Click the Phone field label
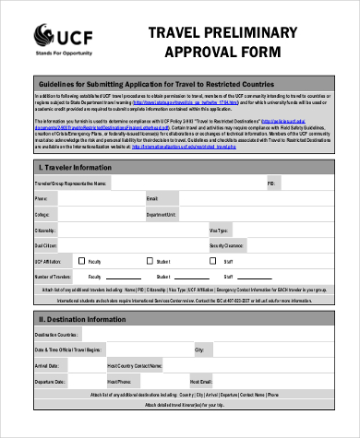coord(40,198)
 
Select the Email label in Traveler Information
coord(151,198)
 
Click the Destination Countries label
coord(54,334)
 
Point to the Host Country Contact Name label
coord(135,366)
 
